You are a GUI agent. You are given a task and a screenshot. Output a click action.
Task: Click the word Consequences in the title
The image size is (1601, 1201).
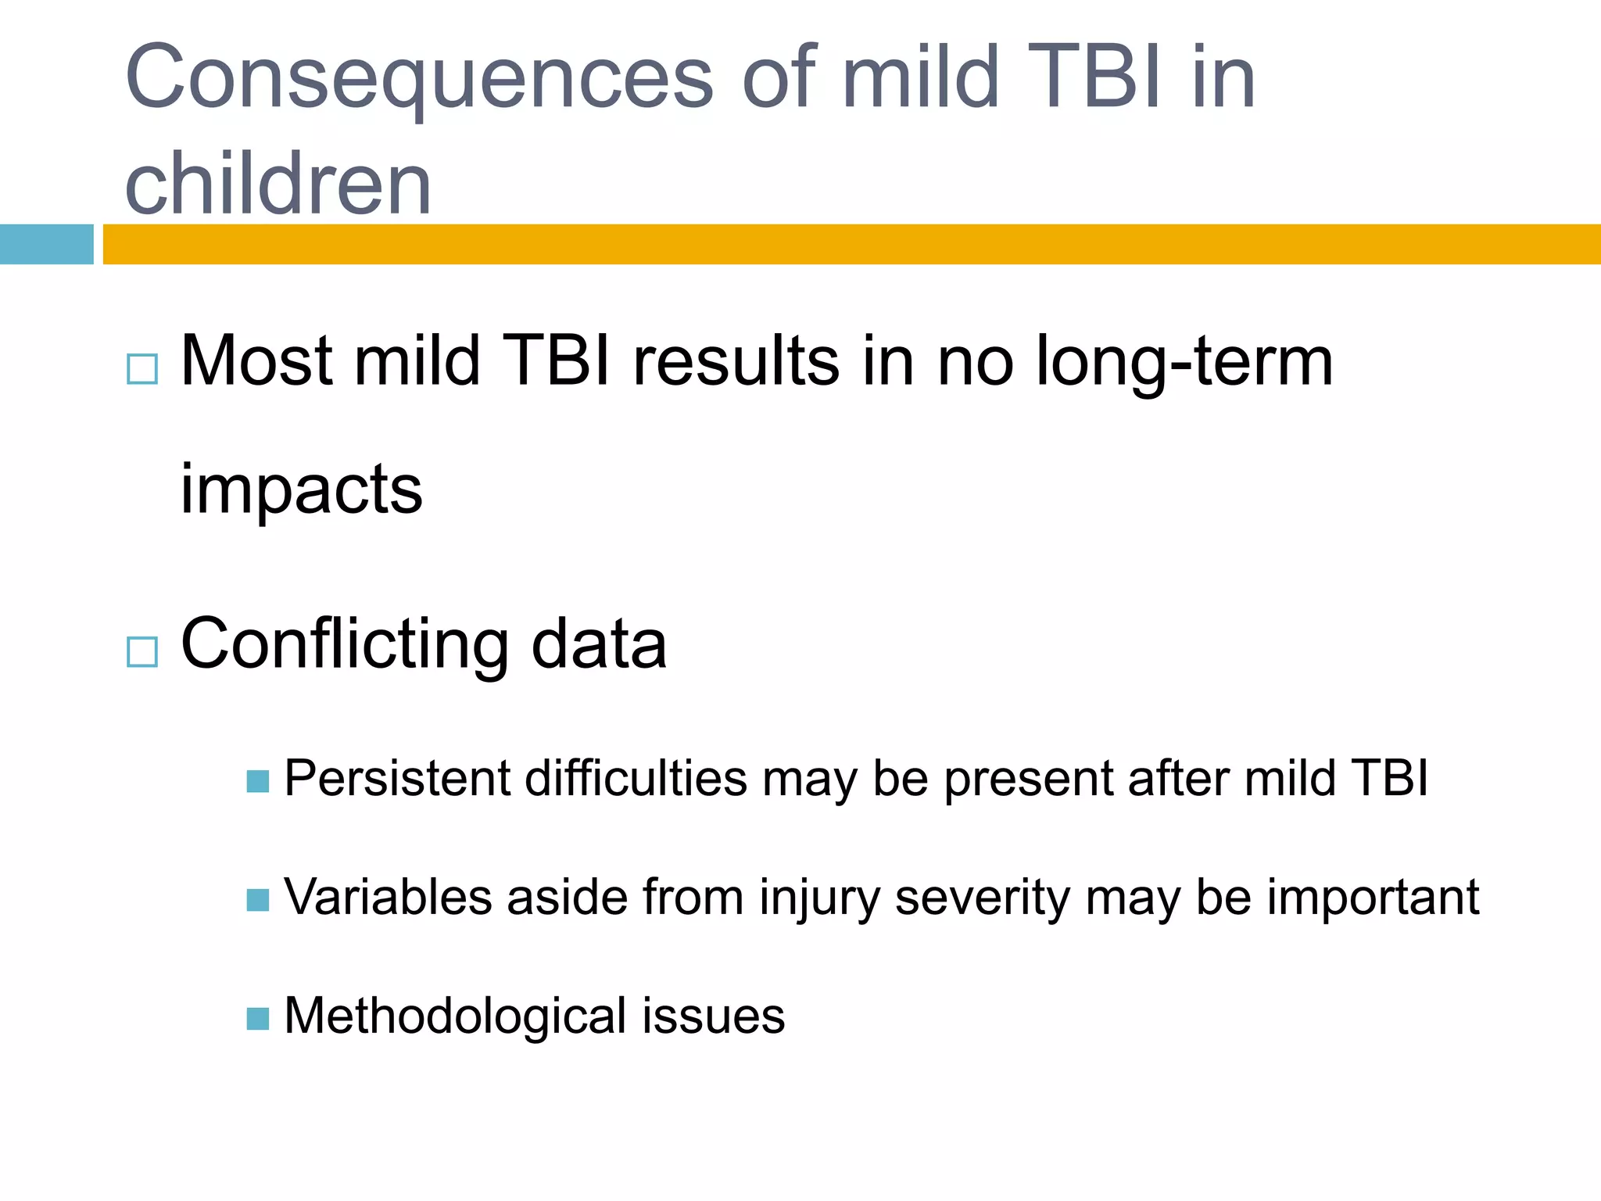(419, 78)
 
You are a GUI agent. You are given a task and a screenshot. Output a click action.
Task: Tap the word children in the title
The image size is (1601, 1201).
(278, 185)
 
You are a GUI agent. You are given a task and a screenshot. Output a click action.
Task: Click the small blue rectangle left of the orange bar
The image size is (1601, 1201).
(46, 244)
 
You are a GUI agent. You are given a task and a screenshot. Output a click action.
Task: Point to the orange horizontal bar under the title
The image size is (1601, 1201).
(851, 244)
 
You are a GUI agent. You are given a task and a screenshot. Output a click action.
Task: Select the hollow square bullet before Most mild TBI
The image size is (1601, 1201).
(142, 369)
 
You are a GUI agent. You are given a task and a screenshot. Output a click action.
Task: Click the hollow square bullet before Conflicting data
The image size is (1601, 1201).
(142, 651)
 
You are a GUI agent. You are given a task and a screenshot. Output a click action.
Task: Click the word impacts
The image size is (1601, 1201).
(301, 490)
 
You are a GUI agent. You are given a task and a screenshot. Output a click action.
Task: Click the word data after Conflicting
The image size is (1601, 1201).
(599, 645)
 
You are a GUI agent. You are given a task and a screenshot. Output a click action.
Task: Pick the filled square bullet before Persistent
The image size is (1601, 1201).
(258, 781)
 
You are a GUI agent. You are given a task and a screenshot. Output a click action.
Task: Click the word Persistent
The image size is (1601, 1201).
(396, 779)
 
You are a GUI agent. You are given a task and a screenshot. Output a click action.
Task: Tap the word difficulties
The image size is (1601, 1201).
(636, 779)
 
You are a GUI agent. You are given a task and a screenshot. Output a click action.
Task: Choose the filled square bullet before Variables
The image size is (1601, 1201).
(258, 900)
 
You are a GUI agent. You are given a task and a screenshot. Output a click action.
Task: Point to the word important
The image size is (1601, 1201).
(1373, 898)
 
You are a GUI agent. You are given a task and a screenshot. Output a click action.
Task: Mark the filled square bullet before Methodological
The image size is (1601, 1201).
(258, 1019)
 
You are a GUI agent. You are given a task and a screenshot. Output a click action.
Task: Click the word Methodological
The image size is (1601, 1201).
(456, 1016)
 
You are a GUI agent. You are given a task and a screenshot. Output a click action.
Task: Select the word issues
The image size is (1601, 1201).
(714, 1016)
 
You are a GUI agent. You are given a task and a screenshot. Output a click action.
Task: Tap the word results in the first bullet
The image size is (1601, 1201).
(736, 362)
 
